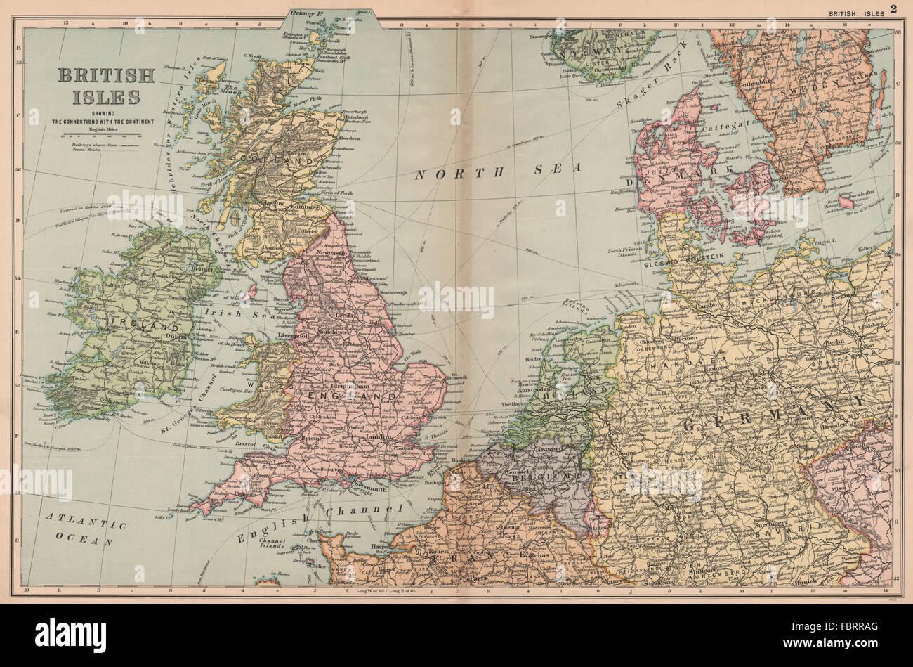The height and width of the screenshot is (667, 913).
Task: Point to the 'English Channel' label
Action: [x=319, y=524]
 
